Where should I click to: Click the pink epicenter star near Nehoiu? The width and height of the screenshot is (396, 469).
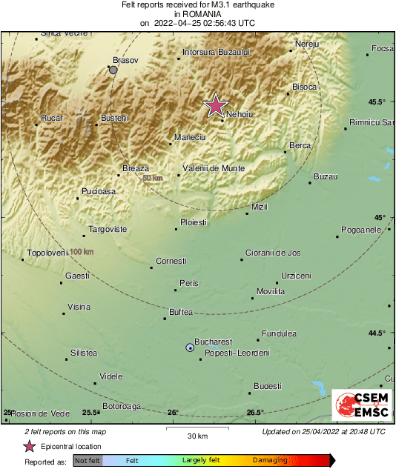click(215, 106)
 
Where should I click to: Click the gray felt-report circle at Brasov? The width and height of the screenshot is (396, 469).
click(113, 70)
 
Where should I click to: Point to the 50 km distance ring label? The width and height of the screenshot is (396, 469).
click(153, 179)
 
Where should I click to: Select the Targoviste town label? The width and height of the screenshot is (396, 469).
click(108, 230)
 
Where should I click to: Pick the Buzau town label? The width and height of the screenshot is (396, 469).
click(326, 176)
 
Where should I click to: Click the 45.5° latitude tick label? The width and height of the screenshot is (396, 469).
click(377, 102)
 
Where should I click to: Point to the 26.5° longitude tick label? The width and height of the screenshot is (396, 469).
click(255, 413)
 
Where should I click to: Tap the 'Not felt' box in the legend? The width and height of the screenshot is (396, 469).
click(88, 460)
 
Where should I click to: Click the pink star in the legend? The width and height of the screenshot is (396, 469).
click(29, 446)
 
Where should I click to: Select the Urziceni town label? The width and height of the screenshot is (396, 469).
click(296, 276)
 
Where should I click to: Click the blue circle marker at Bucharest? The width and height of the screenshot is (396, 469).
click(190, 347)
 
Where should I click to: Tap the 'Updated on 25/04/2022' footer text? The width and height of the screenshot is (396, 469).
click(323, 431)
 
